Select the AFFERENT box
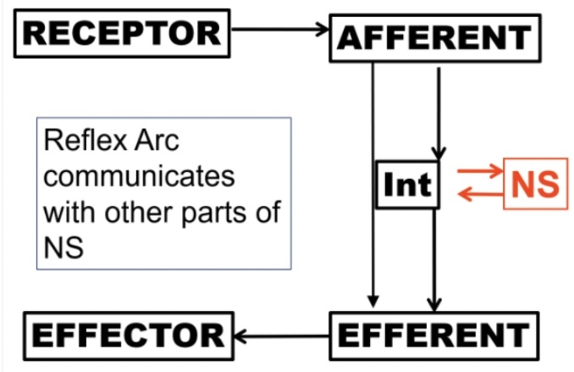point(434,36)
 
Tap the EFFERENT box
point(433,334)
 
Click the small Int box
point(407,184)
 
